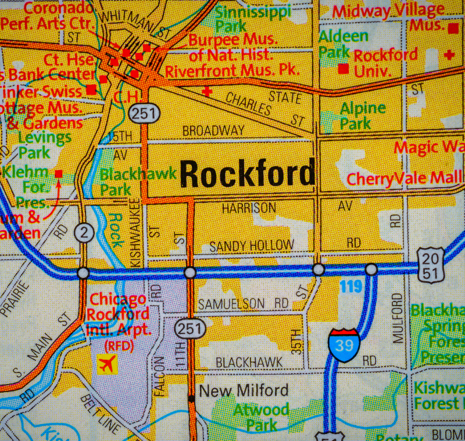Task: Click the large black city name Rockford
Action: (247, 174)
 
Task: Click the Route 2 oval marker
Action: (84, 233)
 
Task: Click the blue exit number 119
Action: (351, 286)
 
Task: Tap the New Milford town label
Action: (244, 390)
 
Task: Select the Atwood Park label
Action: (261, 417)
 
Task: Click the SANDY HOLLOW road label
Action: (251, 246)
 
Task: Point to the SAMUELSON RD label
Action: (244, 304)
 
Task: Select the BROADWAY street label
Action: (213, 131)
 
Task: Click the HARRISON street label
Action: (249, 207)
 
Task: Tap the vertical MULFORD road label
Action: (397, 318)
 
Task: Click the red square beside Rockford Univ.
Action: (344, 69)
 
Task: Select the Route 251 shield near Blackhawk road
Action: (191, 329)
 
